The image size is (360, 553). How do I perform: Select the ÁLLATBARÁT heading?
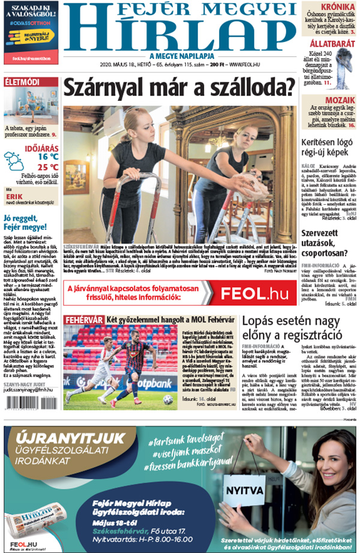pos(332,44)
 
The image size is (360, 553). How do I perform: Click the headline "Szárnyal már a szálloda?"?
pos(179,88)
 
